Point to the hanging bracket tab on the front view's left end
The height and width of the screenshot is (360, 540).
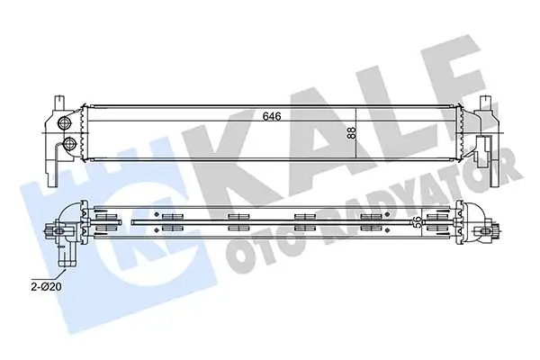(x=53, y=162)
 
